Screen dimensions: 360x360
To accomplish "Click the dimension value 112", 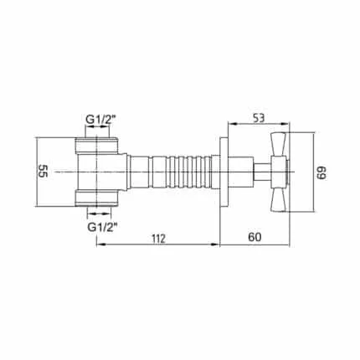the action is click(159, 238).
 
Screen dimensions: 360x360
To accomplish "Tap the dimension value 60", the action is click(255, 237).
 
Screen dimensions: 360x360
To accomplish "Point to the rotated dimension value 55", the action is click(44, 171).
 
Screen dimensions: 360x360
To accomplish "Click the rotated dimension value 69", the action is click(321, 173).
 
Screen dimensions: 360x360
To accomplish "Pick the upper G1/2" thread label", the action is click(100, 120).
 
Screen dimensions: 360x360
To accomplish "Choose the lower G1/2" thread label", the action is click(102, 228).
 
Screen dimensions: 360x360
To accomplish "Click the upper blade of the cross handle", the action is click(278, 145).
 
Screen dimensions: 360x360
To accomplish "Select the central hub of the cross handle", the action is click(280, 172).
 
